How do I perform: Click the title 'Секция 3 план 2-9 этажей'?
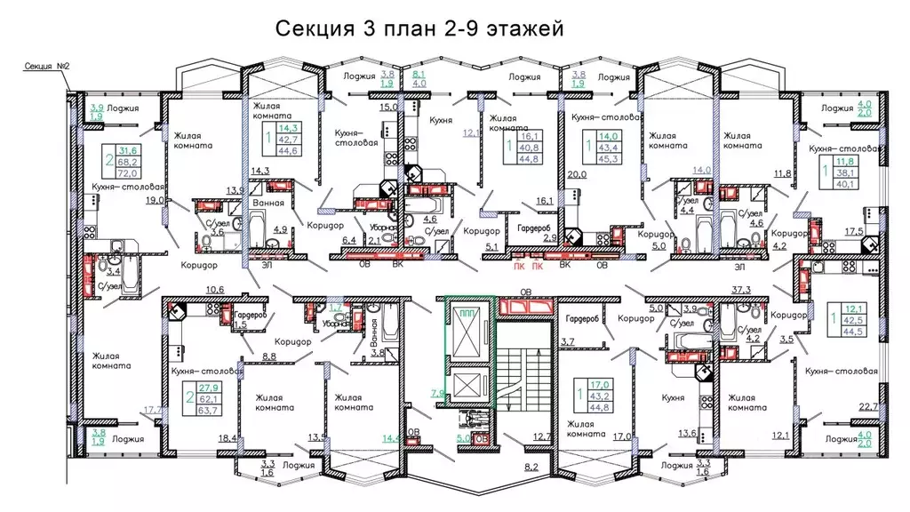click(419, 30)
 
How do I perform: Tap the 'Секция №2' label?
click(46, 67)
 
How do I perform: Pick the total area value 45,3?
click(610, 160)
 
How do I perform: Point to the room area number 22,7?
click(869, 407)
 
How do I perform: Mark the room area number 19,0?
click(154, 201)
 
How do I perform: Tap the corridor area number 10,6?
click(214, 289)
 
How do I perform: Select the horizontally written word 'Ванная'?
click(268, 203)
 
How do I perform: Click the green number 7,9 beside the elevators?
click(435, 391)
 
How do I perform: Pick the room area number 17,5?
click(877, 230)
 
